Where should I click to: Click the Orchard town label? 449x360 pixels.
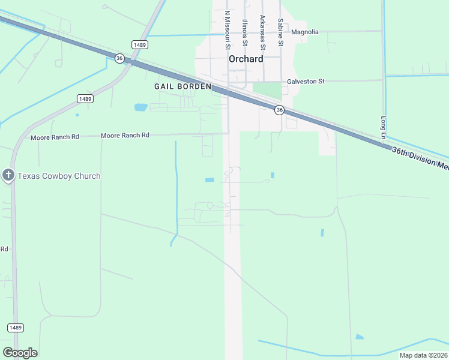[x=246, y=59]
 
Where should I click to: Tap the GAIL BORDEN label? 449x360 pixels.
[x=182, y=86]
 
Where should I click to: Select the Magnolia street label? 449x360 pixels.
[x=305, y=32]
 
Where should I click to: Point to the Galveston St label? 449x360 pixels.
[x=306, y=81]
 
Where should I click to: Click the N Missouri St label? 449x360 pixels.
[x=228, y=30]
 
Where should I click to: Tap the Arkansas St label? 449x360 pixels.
[x=262, y=32]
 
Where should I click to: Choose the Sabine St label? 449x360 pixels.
[x=280, y=32]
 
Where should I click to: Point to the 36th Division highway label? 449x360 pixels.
[x=420, y=159]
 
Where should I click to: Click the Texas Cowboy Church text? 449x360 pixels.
[x=59, y=176]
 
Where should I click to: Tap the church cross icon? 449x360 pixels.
[x=8, y=175]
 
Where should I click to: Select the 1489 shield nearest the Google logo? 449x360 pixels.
[x=16, y=327]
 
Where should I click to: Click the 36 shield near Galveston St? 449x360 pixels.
[x=279, y=110]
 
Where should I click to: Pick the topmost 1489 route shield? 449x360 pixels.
[x=140, y=45]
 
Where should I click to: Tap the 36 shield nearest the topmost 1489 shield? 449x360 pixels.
[x=119, y=58]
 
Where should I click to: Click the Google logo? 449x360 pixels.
[x=20, y=352]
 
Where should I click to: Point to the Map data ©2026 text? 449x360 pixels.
[x=423, y=355]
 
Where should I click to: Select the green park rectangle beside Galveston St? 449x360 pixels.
[x=267, y=91]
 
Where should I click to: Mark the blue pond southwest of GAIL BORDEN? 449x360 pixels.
[x=140, y=108]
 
